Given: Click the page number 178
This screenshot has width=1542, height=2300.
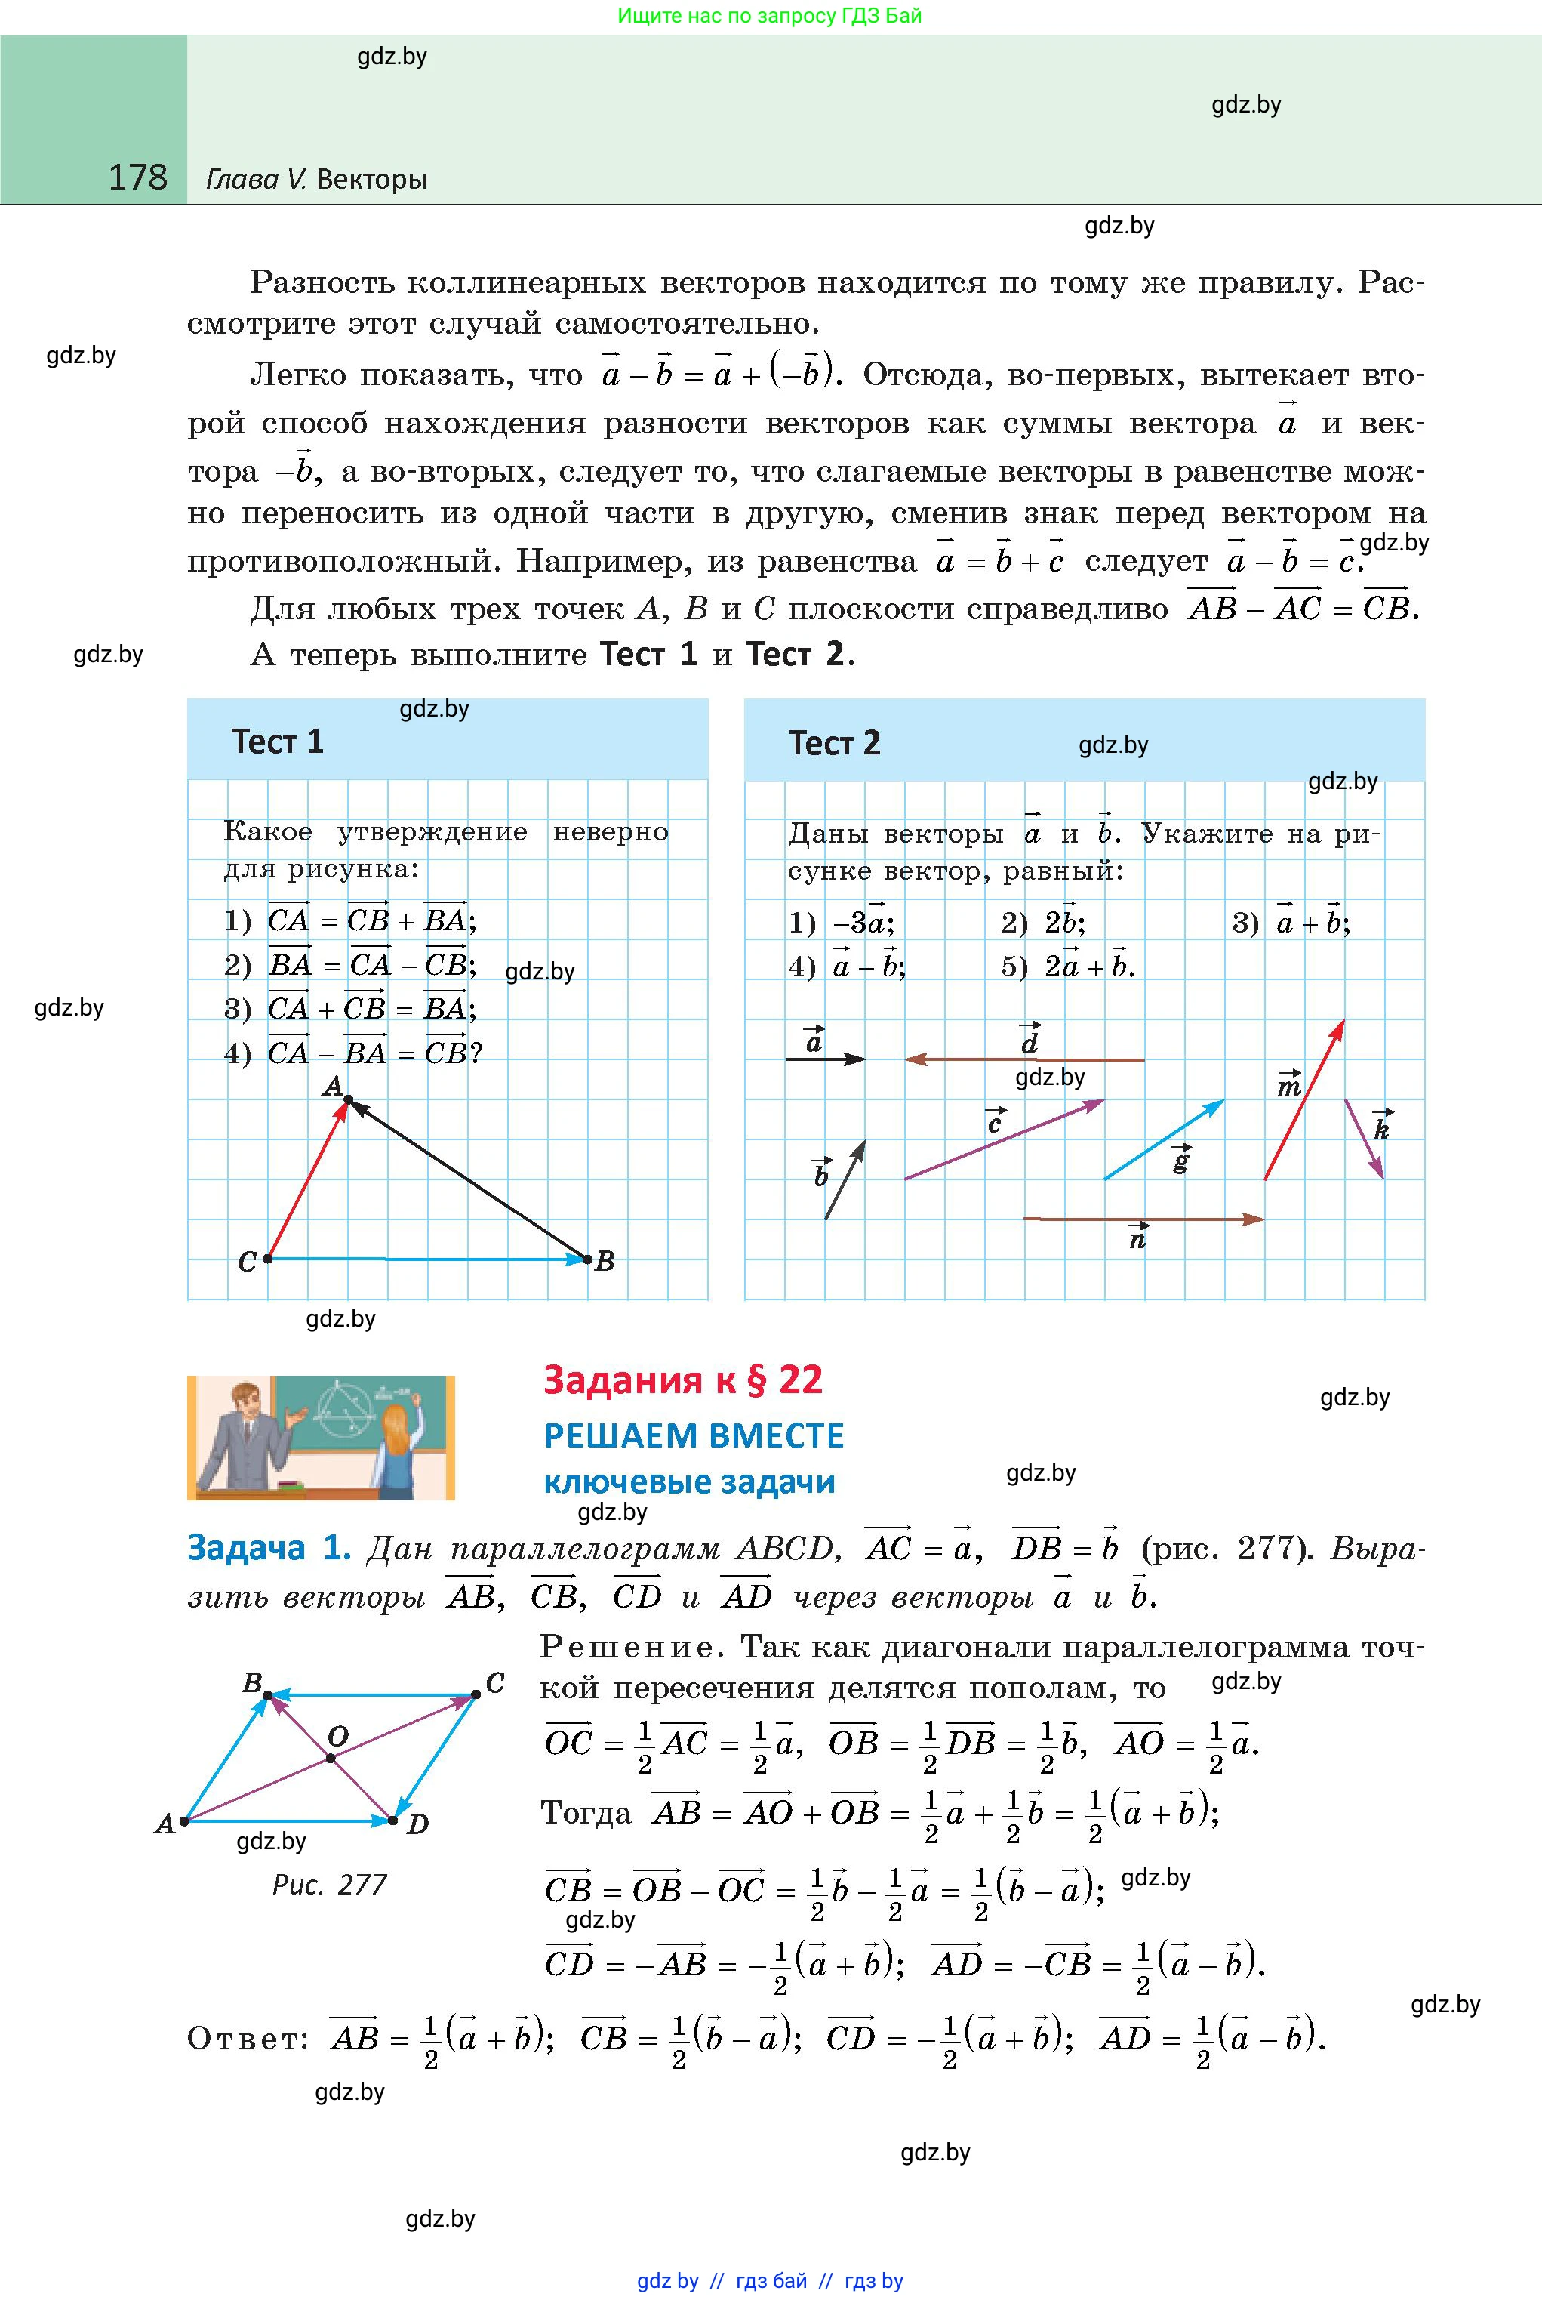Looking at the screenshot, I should (x=137, y=177).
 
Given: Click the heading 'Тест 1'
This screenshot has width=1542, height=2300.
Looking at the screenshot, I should (x=276, y=741).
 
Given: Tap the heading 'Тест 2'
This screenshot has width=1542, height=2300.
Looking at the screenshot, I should (x=834, y=743).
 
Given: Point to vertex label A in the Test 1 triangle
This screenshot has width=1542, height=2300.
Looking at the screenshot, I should (x=332, y=1086).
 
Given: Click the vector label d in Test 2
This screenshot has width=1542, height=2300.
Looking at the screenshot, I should (x=1030, y=1041).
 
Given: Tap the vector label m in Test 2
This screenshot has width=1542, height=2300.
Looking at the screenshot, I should (x=1288, y=1086).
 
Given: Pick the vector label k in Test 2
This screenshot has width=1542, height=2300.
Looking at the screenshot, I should (x=1382, y=1128).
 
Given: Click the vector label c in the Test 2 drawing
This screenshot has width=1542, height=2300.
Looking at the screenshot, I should (x=996, y=1121).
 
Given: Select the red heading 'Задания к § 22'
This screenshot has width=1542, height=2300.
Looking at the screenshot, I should (x=682, y=1380).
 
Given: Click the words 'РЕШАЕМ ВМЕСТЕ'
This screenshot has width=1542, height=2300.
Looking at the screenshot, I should (x=694, y=1436).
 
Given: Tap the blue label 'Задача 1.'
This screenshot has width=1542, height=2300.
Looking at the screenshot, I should (x=269, y=1549).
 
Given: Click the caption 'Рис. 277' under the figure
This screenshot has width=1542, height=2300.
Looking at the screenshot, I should (x=328, y=1884).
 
